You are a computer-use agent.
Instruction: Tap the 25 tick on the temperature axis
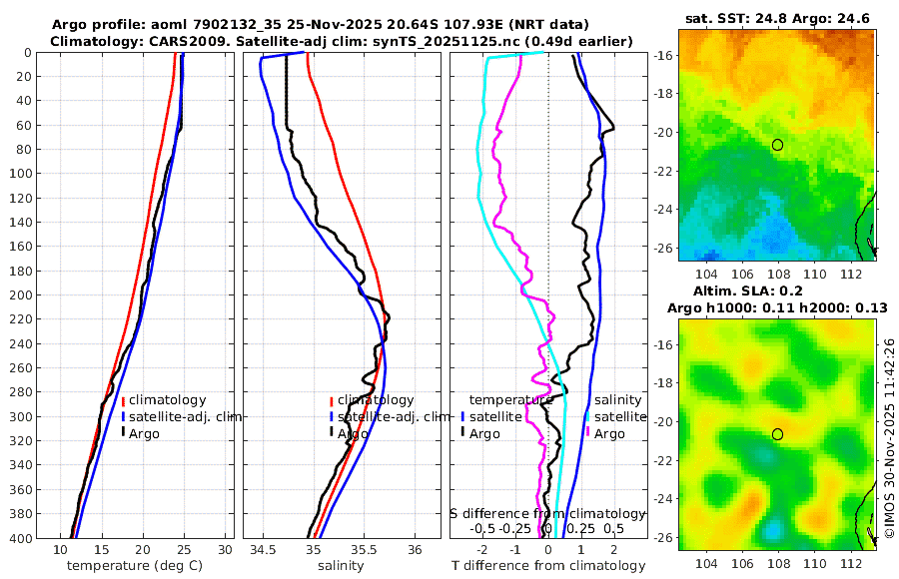click(184, 549)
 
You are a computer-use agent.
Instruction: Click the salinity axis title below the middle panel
click(340, 566)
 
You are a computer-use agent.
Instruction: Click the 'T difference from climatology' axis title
click(548, 566)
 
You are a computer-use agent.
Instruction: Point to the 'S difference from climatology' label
click(547, 512)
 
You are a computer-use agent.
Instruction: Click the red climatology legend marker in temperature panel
click(123, 400)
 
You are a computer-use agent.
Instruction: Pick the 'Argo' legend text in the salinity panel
click(353, 434)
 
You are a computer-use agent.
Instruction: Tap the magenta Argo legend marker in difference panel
click(587, 433)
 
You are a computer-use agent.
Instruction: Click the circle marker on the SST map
click(777, 145)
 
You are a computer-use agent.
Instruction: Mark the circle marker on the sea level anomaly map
click(777, 434)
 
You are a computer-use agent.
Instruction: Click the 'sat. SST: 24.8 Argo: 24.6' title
click(777, 18)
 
